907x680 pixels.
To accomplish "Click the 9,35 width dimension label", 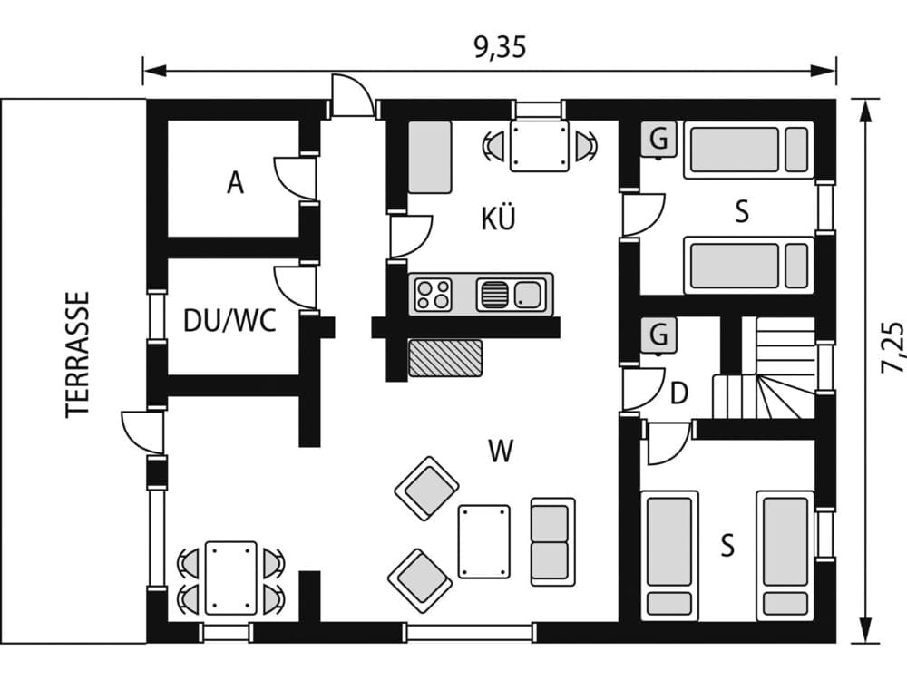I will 500,48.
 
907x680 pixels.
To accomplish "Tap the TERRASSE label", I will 79,353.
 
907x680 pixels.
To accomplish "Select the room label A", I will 235,184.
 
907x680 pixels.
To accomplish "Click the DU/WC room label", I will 229,321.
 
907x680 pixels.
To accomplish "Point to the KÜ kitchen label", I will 498,219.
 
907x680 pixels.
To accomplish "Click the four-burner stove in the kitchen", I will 434,294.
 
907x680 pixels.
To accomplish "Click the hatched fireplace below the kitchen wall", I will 445,357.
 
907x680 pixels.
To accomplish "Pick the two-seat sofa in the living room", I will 552,541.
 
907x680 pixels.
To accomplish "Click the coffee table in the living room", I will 483,541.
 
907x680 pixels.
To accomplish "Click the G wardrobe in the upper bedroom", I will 658,140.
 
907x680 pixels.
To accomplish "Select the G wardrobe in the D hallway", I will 658,335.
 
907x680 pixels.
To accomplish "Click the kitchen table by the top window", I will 539,145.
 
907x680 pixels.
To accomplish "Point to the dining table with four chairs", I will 230,578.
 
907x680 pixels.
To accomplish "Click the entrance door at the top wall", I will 352,97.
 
